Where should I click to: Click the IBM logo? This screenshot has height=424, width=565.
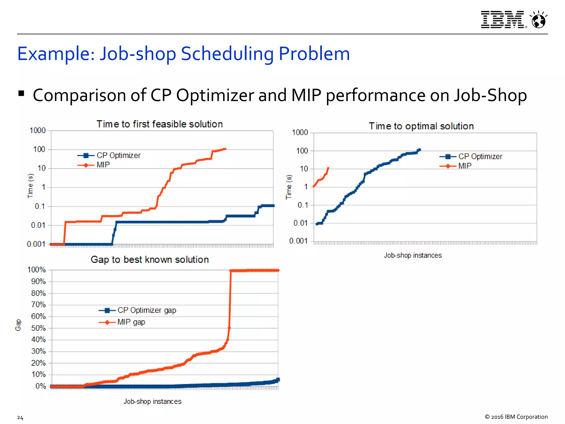click(x=502, y=20)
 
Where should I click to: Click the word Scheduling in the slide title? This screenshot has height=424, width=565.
click(x=227, y=54)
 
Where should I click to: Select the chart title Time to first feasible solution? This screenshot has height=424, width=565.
click(x=159, y=124)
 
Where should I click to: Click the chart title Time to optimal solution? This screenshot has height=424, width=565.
click(x=421, y=126)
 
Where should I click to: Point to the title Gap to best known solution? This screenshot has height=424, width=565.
click(x=150, y=260)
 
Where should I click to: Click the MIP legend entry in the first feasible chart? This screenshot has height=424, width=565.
click(x=103, y=165)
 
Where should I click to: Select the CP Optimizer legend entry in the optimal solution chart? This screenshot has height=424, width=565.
click(x=480, y=157)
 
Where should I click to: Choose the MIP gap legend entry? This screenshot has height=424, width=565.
click(x=131, y=322)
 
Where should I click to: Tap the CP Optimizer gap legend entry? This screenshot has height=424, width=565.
click(x=146, y=310)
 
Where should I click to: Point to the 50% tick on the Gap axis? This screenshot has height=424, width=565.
click(x=38, y=328)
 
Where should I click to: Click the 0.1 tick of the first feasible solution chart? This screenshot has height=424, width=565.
click(x=40, y=206)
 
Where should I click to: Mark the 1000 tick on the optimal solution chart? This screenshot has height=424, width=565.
click(x=300, y=132)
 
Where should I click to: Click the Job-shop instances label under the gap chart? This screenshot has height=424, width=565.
click(x=152, y=401)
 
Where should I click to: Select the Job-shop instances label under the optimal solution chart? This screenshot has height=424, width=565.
click(x=413, y=255)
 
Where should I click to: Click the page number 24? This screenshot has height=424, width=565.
click(x=20, y=418)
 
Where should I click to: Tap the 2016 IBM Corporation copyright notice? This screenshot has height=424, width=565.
click(x=516, y=417)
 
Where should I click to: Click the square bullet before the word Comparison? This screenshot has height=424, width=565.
click(x=21, y=93)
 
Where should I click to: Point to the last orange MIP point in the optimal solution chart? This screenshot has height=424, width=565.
click(x=328, y=168)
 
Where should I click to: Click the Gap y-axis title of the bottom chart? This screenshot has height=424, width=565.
click(x=18, y=325)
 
